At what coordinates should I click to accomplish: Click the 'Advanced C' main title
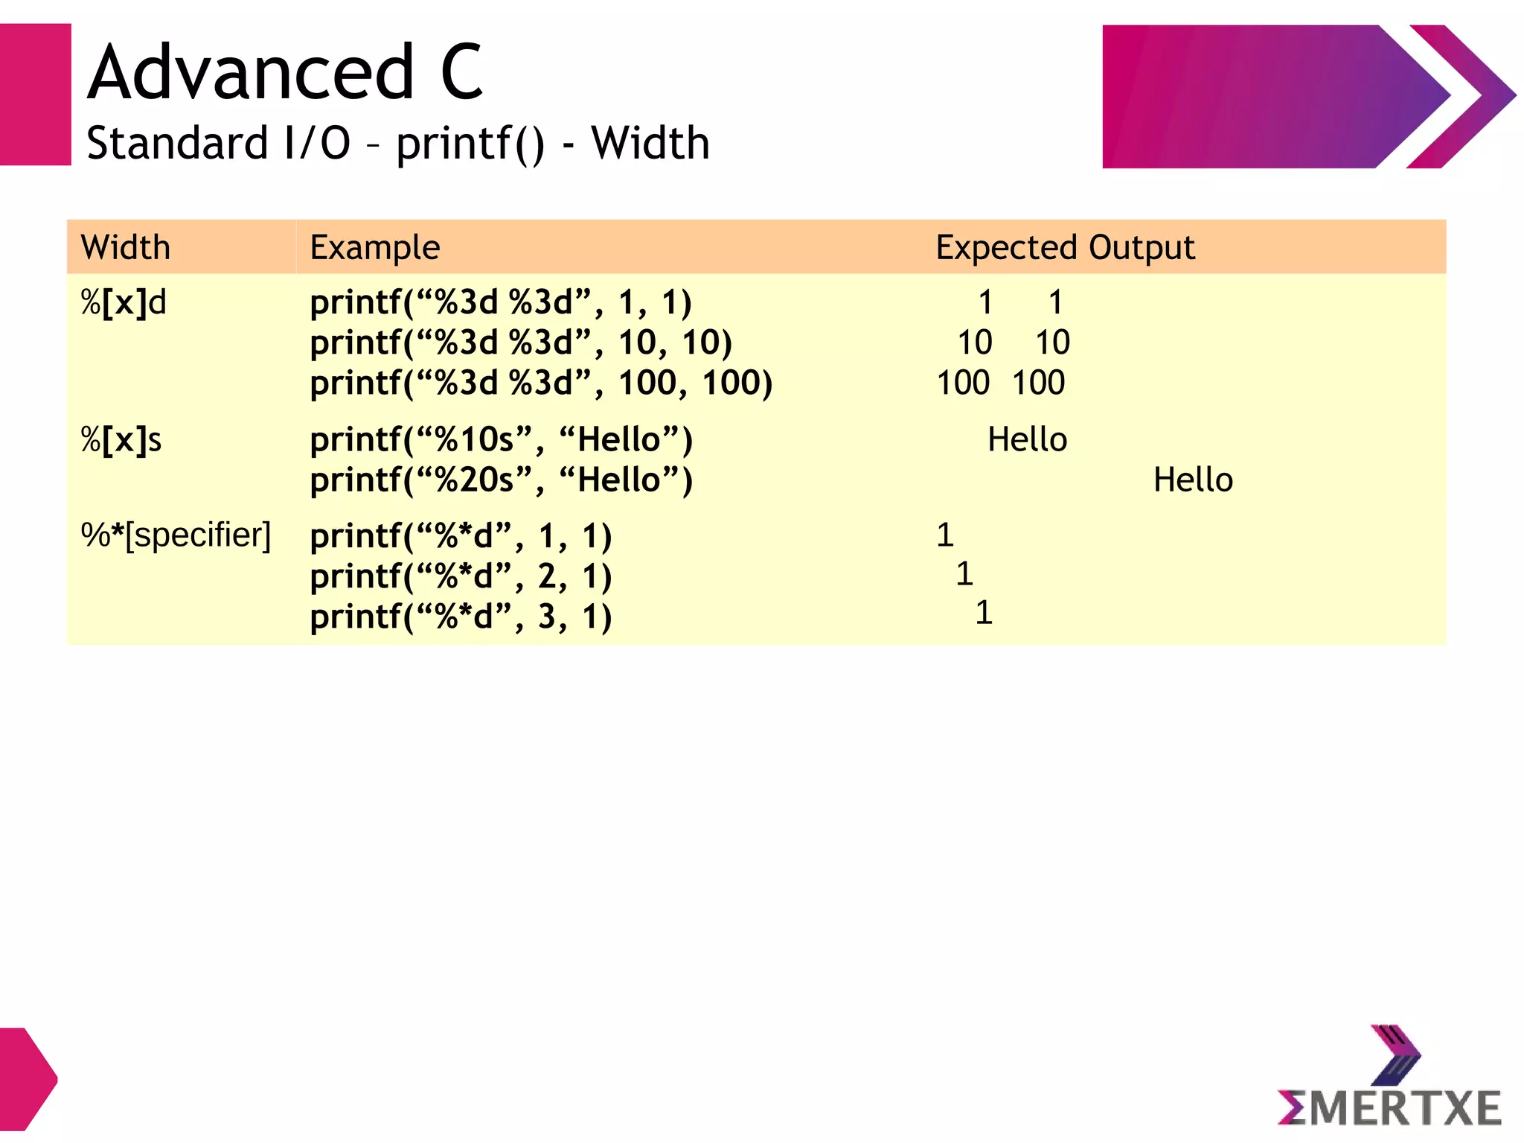[286, 72]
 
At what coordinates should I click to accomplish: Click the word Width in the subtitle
[650, 143]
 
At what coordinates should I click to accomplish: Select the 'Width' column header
[126, 247]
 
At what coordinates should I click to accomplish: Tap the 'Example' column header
[375, 247]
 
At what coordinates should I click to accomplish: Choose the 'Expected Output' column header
[1065, 247]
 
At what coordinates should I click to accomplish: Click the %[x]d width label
[124, 303]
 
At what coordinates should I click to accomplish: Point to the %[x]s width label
[121, 440]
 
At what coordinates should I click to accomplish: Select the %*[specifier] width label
[176, 535]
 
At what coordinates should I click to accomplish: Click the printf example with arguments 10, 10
[521, 343]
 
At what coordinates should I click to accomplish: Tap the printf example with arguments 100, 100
[541, 383]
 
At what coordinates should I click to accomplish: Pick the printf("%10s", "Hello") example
[501, 440]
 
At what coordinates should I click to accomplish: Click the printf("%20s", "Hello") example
[501, 480]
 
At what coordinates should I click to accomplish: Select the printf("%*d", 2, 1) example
[461, 576]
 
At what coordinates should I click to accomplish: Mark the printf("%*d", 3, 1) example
[461, 617]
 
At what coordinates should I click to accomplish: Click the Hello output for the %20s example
[1193, 480]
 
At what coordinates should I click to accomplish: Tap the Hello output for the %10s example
[1027, 440]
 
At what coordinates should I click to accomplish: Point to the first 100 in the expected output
[963, 383]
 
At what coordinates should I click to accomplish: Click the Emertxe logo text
[1389, 1108]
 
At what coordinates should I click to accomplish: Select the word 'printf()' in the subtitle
[470, 143]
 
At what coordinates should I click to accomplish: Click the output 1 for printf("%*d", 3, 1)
[984, 613]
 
